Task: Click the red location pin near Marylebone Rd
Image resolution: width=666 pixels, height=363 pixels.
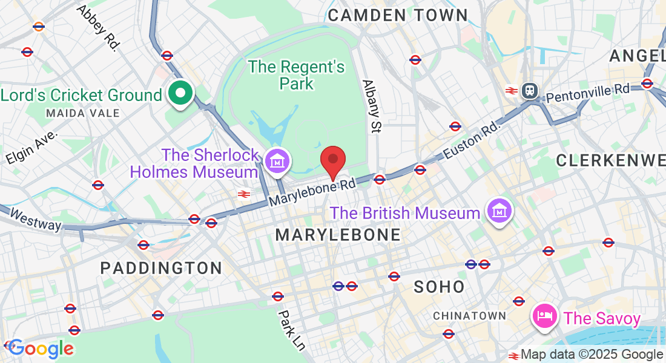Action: (x=332, y=161)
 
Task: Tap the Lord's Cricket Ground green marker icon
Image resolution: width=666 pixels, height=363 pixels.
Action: (x=180, y=94)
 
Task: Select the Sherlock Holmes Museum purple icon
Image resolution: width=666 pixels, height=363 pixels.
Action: (x=277, y=162)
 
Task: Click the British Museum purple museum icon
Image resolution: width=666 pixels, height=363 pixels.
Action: (x=500, y=212)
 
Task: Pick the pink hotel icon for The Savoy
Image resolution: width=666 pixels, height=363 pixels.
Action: (x=544, y=316)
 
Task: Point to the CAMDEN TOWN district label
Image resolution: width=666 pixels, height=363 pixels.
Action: (x=398, y=15)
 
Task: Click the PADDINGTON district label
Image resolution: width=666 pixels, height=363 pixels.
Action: (x=161, y=267)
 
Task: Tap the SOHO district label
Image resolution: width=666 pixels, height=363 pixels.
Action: (x=440, y=286)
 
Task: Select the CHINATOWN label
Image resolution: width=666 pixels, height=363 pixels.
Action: (x=470, y=315)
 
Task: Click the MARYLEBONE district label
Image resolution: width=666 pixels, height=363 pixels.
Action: (x=338, y=235)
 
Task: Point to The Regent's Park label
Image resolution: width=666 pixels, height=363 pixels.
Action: (x=297, y=74)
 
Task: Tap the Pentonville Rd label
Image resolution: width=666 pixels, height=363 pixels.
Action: (x=587, y=93)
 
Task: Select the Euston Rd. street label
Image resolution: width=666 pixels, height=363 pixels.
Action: (x=472, y=141)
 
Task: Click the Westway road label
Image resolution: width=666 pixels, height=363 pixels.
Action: (x=36, y=220)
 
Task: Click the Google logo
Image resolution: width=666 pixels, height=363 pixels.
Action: (x=41, y=348)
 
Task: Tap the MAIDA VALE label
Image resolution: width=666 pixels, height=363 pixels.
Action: (x=83, y=113)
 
